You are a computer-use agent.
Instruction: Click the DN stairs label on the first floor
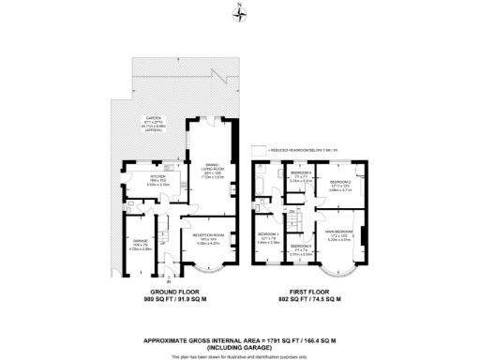pos(292,214)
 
